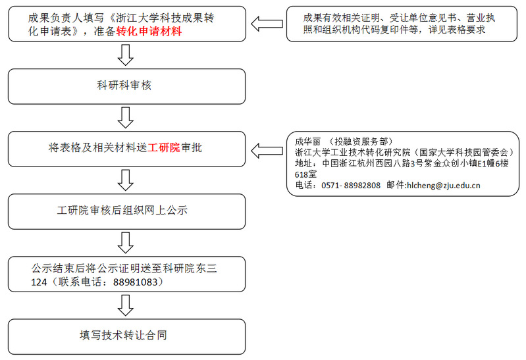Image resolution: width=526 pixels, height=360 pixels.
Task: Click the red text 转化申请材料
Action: [149, 32]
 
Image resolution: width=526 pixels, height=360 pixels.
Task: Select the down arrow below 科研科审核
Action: [125, 117]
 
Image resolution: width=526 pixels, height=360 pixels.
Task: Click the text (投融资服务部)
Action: [361, 141]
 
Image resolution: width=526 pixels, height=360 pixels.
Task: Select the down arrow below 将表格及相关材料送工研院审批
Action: [125, 179]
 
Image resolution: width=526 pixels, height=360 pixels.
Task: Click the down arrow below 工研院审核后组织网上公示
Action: [125, 243]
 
